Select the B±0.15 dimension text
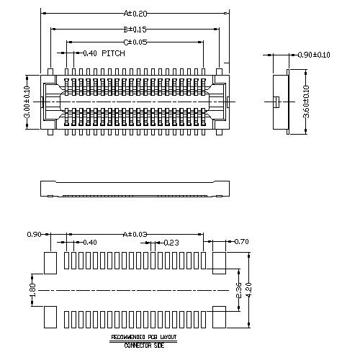point(135,30)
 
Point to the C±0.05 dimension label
point(135,42)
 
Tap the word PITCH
point(113,53)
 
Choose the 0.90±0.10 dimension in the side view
point(314,55)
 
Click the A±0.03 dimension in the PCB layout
point(135,234)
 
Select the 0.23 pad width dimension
point(171,243)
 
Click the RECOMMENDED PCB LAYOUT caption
point(143,337)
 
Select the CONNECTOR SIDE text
point(143,345)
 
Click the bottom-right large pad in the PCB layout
point(218,316)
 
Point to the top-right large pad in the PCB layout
point(218,262)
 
